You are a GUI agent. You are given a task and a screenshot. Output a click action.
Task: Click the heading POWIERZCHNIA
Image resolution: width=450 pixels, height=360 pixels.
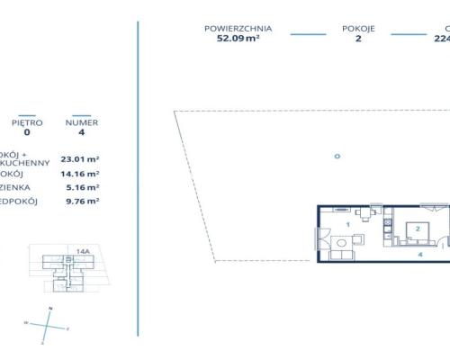pos(238,28)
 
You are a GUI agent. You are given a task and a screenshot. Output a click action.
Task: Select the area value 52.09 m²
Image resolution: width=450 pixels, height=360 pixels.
pos(238,39)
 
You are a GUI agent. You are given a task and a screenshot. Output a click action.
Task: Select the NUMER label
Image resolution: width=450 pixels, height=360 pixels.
pos(82,121)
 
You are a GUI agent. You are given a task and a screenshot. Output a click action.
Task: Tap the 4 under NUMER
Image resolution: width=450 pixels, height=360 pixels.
pos(82,131)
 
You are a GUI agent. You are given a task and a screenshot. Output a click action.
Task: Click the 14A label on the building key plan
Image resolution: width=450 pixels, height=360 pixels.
pos(82,252)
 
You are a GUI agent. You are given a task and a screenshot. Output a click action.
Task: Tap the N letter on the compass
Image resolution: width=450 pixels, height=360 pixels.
pos(50,309)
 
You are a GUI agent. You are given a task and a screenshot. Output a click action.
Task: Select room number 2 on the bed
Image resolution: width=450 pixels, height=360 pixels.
pos(418,229)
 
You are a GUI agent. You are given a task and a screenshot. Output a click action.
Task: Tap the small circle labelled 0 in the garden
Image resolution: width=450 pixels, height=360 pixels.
pos(337,156)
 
